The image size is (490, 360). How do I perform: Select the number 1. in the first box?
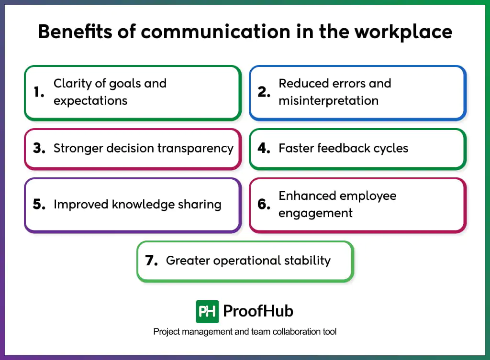[x=39, y=92]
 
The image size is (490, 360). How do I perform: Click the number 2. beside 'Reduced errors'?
[x=264, y=92]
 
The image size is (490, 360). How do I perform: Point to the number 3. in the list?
[x=39, y=148]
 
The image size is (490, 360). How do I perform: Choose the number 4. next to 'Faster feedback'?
[x=264, y=148]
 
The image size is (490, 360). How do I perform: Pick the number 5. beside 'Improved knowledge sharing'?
[x=39, y=205]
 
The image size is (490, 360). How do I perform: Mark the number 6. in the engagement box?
[x=264, y=205]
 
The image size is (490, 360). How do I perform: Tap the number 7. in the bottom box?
[x=152, y=261]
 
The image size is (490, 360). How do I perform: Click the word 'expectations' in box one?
[x=90, y=101]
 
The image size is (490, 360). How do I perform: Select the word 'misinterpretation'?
[x=328, y=101]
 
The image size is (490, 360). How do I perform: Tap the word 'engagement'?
[x=315, y=213]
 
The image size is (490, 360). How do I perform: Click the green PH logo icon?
[x=207, y=312]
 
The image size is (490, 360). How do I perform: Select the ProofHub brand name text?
[x=258, y=312]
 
